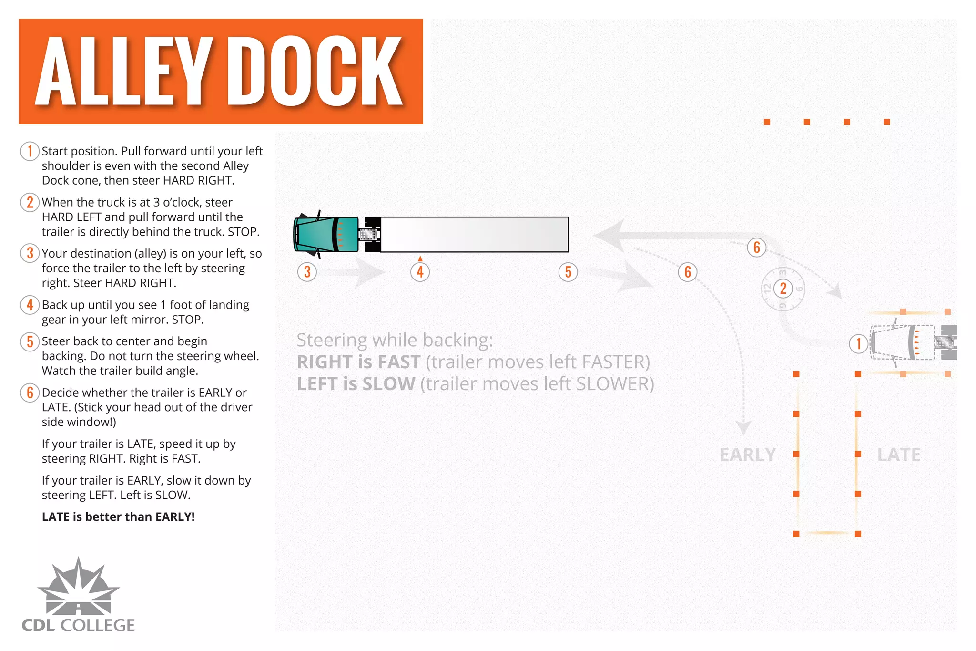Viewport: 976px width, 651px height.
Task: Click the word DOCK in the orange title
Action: pos(315,72)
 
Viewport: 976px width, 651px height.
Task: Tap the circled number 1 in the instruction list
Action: pos(30,151)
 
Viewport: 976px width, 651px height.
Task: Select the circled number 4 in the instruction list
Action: pos(30,305)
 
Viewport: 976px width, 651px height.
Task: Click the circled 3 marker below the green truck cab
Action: pos(307,272)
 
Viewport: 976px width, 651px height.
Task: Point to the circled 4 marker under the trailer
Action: pos(420,272)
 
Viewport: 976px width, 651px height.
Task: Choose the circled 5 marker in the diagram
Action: pos(568,272)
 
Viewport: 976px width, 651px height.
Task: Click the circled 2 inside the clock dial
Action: pos(783,289)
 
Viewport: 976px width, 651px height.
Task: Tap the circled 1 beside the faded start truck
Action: pos(859,343)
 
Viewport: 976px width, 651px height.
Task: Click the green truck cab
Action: pos(326,234)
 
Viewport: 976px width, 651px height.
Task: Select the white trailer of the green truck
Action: pos(474,234)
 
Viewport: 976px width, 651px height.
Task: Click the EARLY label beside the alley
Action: pos(748,455)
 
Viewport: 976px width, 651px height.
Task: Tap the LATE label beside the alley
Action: pos(899,455)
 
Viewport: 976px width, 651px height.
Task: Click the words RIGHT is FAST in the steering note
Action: pos(358,362)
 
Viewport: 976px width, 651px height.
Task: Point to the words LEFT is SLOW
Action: pos(356,384)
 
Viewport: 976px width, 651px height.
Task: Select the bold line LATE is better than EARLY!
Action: pos(118,517)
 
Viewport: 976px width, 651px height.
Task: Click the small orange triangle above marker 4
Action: pos(420,258)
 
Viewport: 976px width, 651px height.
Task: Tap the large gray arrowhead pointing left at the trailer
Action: pos(610,235)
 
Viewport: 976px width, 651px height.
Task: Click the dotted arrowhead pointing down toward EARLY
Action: pos(743,427)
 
